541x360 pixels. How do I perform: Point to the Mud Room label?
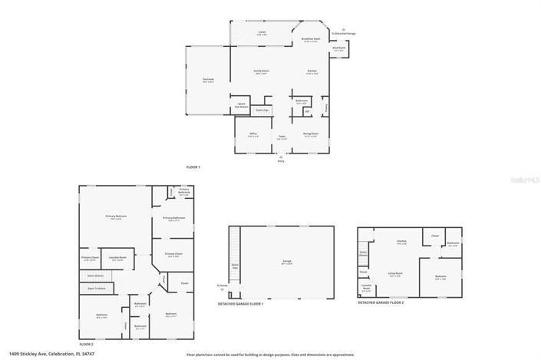pyautogui.click(x=338, y=49)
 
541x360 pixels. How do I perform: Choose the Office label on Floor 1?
pyautogui.click(x=252, y=134)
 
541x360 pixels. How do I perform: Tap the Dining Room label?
pyautogui.click(x=311, y=134)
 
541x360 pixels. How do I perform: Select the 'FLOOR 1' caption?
pyautogui.click(x=193, y=167)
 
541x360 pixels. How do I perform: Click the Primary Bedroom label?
pyautogui.click(x=116, y=216)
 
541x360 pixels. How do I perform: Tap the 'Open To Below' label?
pyautogui.click(x=97, y=288)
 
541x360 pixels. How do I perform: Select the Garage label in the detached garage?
pyautogui.click(x=286, y=262)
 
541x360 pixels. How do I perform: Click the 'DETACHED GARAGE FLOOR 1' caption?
pyautogui.click(x=240, y=305)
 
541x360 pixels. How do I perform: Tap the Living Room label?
pyautogui.click(x=395, y=273)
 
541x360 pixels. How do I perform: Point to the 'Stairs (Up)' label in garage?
pyautogui.click(x=236, y=267)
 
